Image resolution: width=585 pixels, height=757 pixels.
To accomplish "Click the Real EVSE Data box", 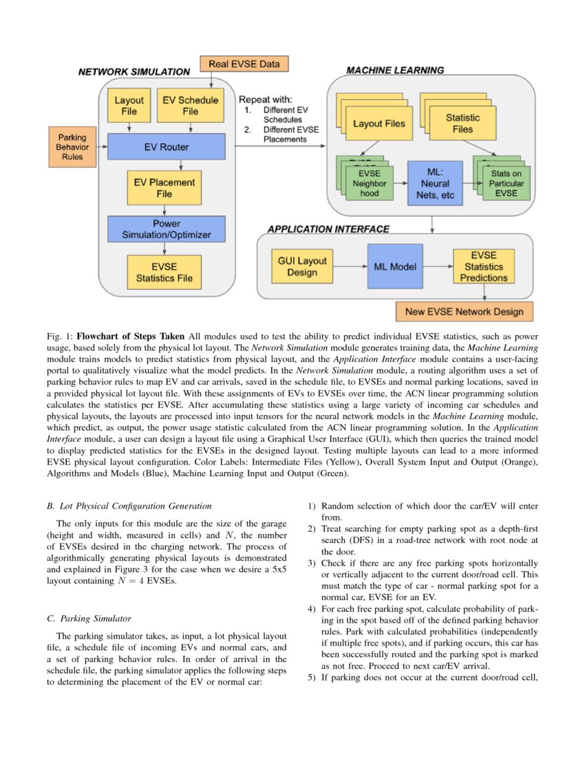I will click(x=244, y=64).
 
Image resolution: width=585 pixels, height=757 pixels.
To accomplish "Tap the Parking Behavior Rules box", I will click(x=72, y=147).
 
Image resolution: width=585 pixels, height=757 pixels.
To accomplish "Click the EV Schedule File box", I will click(x=189, y=105).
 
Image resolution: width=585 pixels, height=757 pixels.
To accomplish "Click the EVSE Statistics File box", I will click(x=164, y=272).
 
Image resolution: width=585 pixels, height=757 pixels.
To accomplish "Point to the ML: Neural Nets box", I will click(x=435, y=184).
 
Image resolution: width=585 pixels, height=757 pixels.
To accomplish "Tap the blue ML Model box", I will click(x=394, y=266).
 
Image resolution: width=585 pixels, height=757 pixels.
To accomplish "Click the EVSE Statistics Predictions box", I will click(x=484, y=266).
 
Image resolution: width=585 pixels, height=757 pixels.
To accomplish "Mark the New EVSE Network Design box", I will click(x=464, y=312).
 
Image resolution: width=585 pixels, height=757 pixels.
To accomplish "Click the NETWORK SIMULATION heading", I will click(x=134, y=72).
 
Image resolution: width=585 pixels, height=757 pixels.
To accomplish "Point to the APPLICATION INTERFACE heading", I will click(x=328, y=228).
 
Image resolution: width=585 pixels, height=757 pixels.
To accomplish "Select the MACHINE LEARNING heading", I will click(x=394, y=70).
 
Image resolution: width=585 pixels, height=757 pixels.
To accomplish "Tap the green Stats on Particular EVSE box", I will click(x=506, y=184).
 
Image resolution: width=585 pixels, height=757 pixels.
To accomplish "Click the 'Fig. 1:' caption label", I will click(x=59, y=337).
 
